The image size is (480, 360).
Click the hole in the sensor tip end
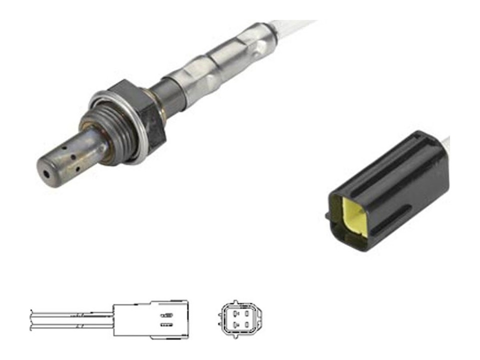click(x=46, y=174)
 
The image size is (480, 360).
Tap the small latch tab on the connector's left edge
click(x=327, y=216)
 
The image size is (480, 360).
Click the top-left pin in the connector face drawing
click(x=230, y=313)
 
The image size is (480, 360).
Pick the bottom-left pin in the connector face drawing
click(x=230, y=325)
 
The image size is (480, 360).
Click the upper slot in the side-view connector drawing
click(x=166, y=315)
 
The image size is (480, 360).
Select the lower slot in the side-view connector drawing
click(x=166, y=324)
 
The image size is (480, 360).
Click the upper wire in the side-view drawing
click(x=70, y=314)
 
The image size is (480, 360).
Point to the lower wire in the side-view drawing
click(x=70, y=325)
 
